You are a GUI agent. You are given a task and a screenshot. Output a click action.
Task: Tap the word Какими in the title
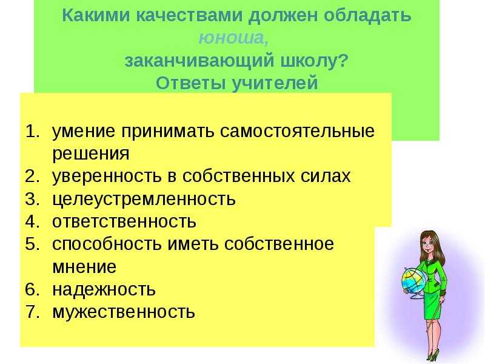tap(96, 15)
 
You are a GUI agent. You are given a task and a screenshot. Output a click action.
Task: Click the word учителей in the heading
tap(275, 83)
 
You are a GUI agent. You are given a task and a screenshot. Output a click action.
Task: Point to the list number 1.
tap(32, 131)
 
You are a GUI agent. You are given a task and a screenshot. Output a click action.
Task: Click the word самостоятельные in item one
tap(297, 131)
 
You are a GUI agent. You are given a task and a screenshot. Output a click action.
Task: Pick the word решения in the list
tap(90, 153)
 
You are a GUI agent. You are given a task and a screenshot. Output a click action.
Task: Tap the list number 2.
tap(32, 176)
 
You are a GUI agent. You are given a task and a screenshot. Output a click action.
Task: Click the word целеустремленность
tap(144, 199)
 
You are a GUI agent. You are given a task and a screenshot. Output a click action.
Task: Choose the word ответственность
tap(124, 221)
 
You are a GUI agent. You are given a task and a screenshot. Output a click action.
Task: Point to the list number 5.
tap(32, 244)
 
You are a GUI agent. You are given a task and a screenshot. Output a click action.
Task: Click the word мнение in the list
tap(84, 266)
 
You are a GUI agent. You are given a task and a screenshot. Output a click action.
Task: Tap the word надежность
tap(104, 289)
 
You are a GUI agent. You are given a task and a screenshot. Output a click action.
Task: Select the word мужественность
tap(124, 312)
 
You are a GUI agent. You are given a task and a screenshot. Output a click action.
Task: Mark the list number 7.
tap(32, 312)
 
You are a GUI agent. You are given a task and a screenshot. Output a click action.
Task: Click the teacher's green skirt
tap(433, 306)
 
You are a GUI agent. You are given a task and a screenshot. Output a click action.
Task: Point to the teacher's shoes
tap(432, 356)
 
